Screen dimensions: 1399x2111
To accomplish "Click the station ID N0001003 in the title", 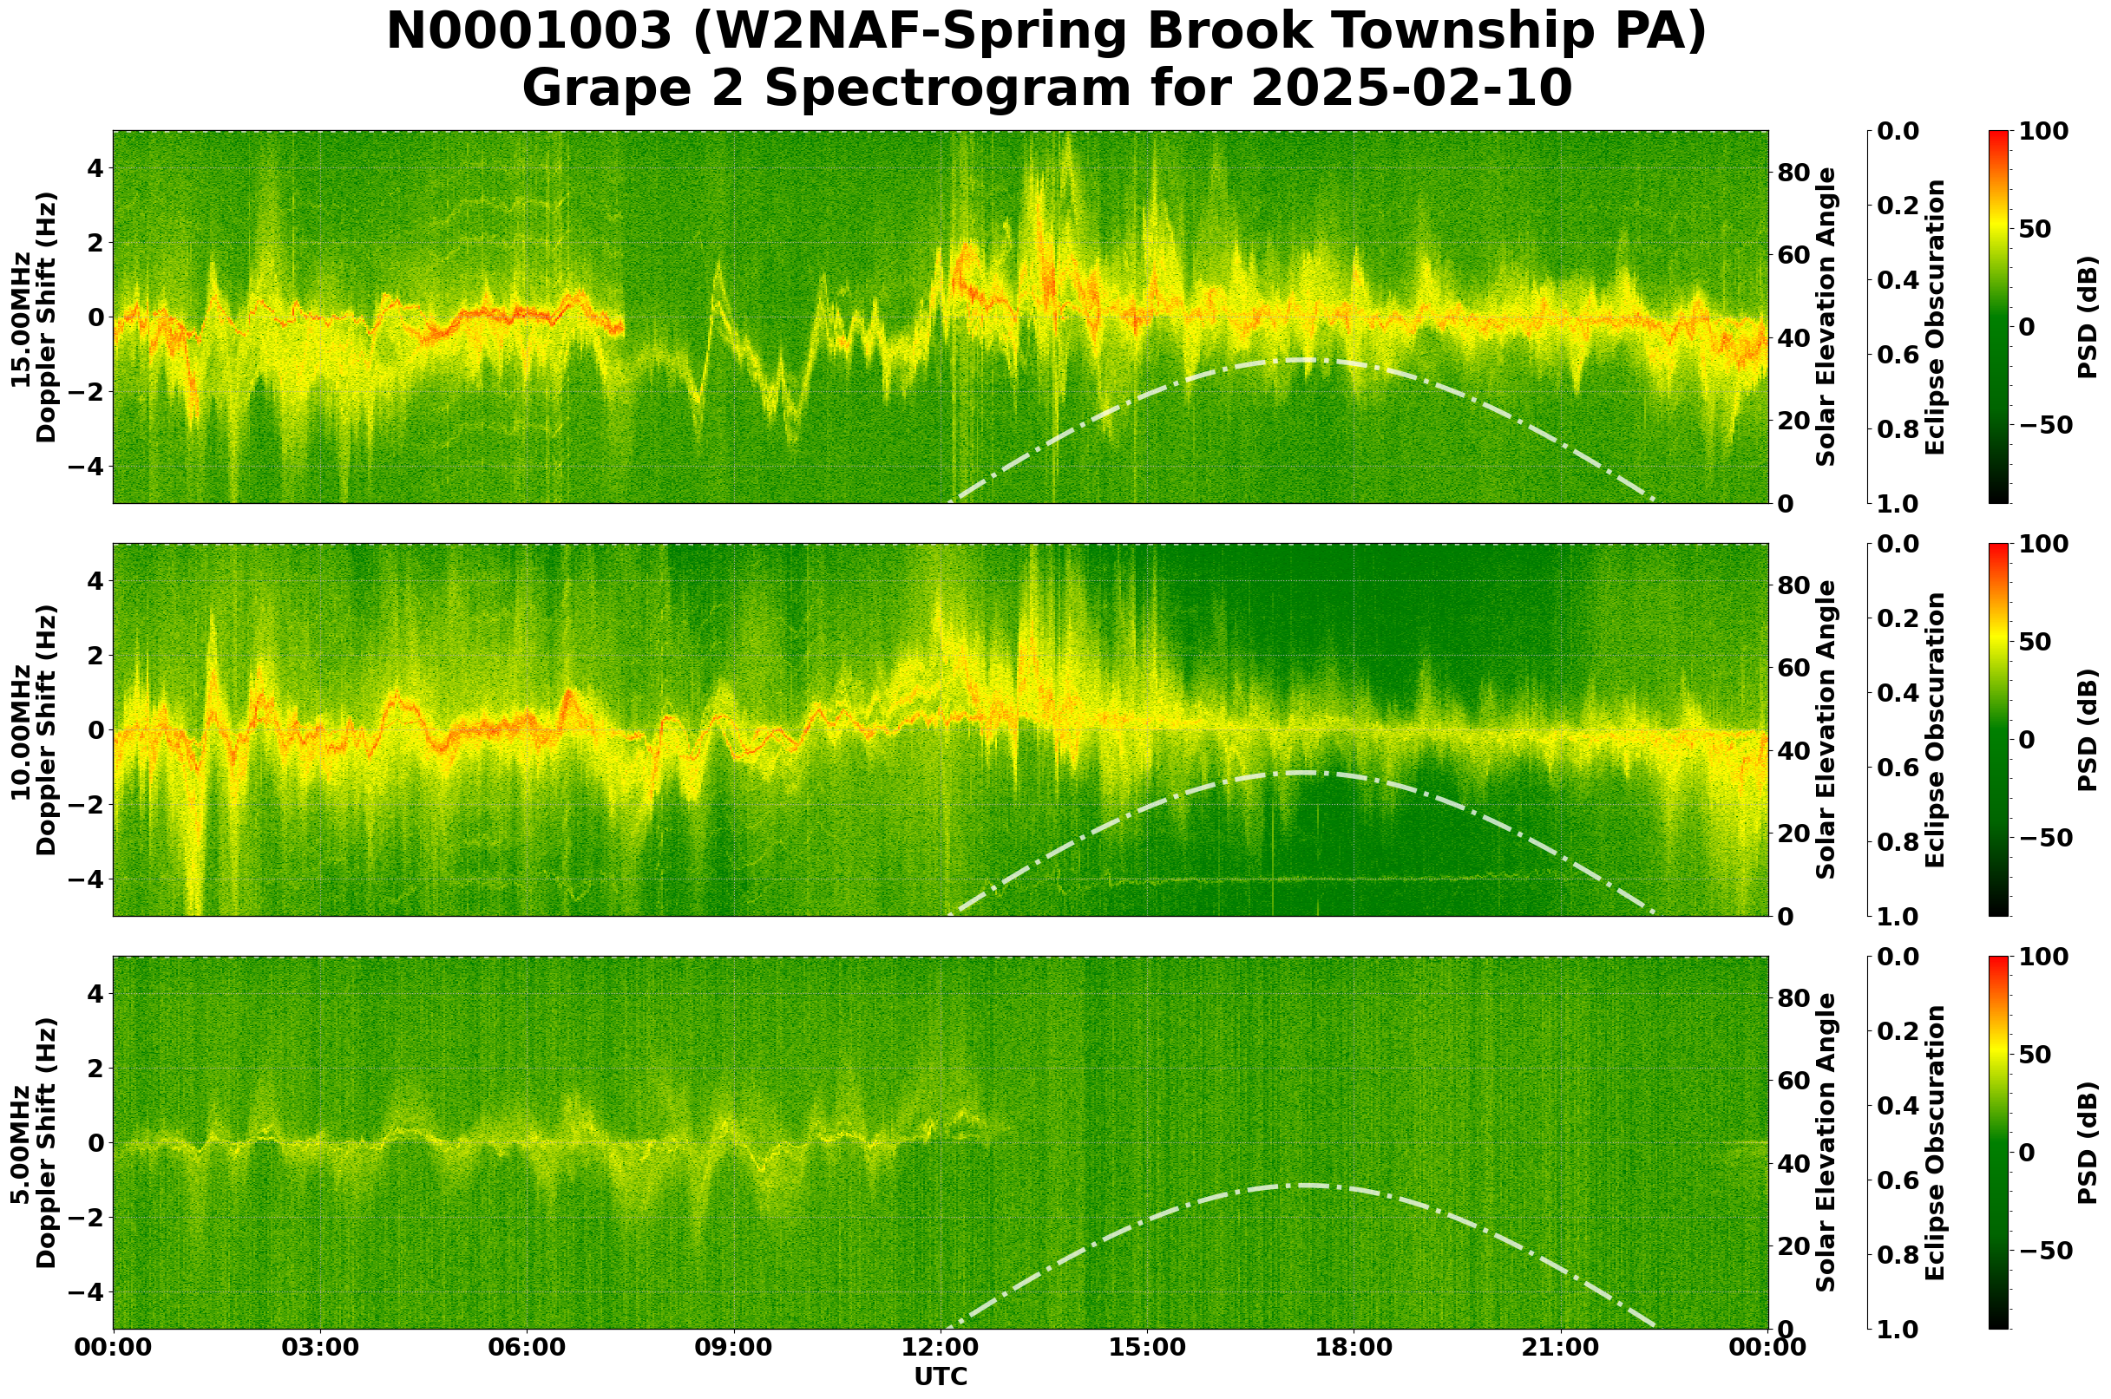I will click(x=528, y=34).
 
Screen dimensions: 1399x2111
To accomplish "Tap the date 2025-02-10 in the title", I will click(x=1410, y=89).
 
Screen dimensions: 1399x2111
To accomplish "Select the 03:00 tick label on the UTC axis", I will click(x=319, y=1347).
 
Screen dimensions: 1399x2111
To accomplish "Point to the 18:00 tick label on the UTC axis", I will click(x=1354, y=1347).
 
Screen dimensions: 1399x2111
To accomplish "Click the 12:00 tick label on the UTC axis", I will click(x=941, y=1347).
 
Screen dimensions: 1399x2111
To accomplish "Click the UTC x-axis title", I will click(x=941, y=1376).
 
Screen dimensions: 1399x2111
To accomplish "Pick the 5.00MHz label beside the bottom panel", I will click(x=21, y=1144).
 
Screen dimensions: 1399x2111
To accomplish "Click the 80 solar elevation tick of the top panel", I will click(x=1793, y=173).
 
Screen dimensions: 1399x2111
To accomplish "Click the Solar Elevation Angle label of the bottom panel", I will click(x=1826, y=1143).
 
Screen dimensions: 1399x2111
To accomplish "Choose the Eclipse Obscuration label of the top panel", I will click(x=1934, y=317).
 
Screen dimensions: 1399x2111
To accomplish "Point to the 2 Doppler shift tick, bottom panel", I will click(x=93, y=1068).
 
